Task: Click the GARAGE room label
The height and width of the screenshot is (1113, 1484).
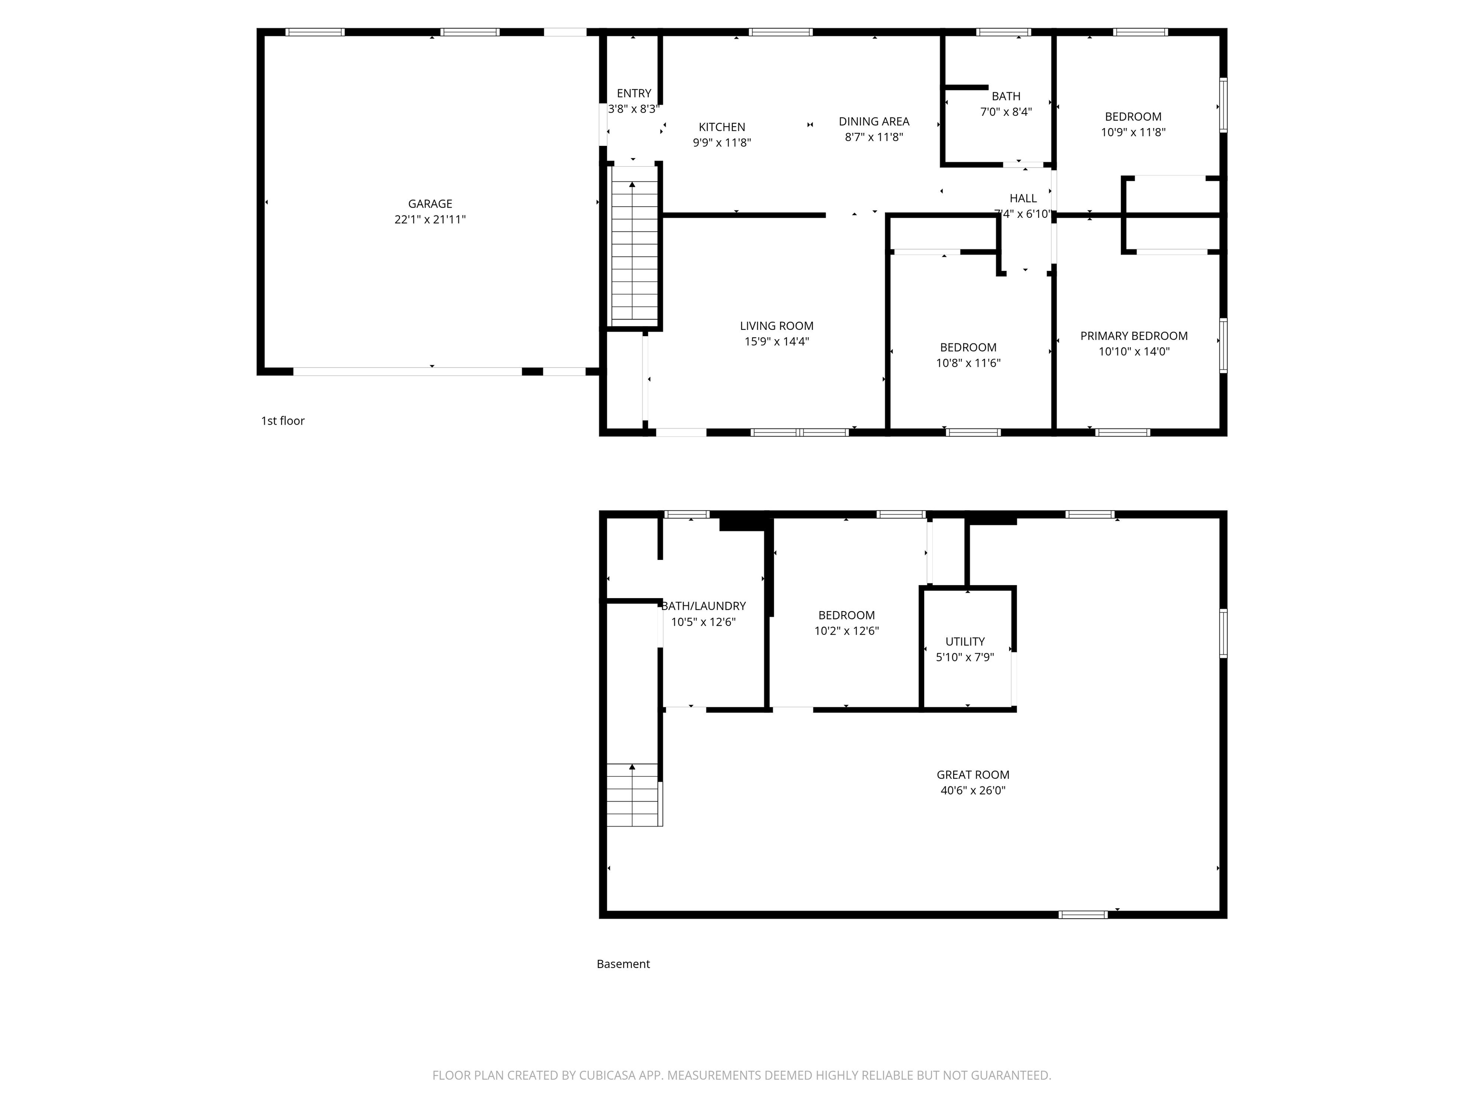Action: (430, 204)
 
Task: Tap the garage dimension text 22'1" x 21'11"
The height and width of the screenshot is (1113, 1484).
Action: (430, 219)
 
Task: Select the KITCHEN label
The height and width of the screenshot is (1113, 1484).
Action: (722, 127)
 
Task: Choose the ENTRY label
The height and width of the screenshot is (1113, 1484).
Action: (634, 93)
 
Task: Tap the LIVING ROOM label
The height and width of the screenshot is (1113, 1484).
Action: (777, 326)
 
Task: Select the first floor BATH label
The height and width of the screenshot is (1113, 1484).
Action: (1006, 97)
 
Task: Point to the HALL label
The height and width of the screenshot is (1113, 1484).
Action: (1023, 199)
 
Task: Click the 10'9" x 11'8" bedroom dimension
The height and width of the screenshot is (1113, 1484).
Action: (1133, 133)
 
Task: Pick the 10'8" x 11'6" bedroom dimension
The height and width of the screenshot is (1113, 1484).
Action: (968, 363)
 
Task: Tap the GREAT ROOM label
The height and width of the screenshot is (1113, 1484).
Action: (973, 775)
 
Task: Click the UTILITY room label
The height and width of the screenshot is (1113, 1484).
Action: (965, 642)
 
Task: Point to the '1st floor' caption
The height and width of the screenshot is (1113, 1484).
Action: (283, 421)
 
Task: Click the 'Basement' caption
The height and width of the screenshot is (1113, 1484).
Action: (623, 964)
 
